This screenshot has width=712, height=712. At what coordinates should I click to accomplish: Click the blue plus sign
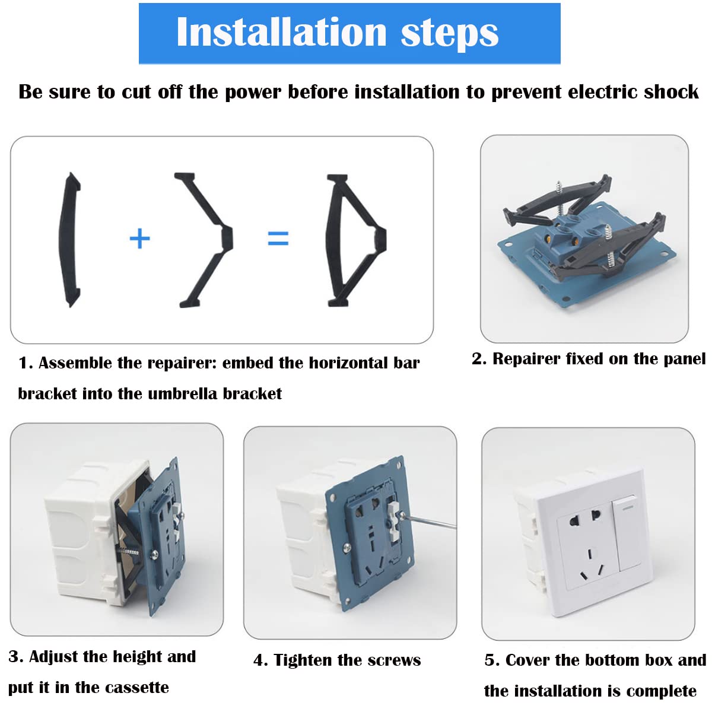coord(139,239)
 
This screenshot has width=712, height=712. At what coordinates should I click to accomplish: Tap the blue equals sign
coord(278,239)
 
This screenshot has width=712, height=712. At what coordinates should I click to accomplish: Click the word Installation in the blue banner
coord(282,33)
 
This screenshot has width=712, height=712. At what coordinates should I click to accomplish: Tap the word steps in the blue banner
coord(450,34)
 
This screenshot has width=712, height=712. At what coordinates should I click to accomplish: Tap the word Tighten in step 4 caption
coord(303,660)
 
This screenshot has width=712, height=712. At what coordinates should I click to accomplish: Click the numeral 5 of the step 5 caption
coord(490,660)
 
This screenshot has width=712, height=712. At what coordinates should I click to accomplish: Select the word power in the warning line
coord(253,93)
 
